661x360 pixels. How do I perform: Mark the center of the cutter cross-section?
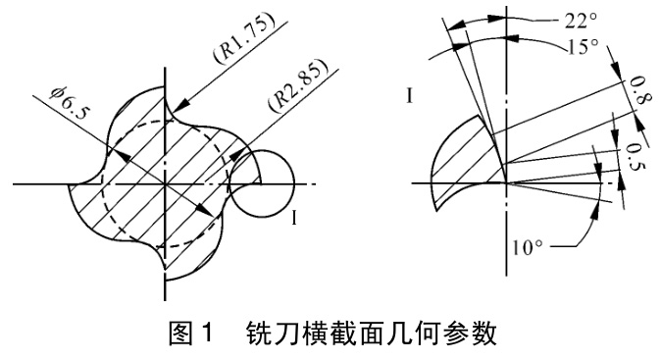(x=166, y=183)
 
